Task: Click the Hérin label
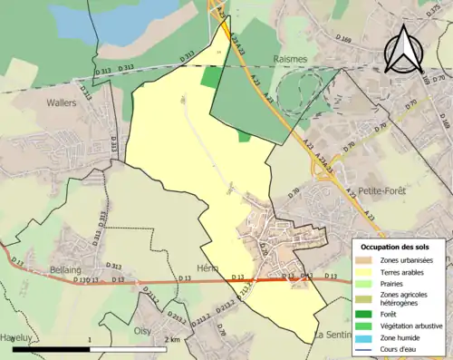coord(207,269)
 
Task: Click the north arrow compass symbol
coord(405,50)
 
